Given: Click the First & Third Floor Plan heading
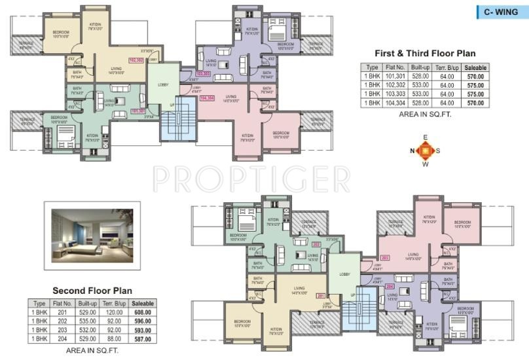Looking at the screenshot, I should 424,53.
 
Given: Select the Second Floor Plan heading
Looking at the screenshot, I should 92,290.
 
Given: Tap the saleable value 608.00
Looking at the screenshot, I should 143,312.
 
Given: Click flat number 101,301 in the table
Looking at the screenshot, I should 395,76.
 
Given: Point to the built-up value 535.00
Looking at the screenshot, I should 87,321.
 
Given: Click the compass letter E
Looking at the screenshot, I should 425,137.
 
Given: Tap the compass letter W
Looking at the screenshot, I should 425,164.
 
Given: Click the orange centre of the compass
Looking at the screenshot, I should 425,151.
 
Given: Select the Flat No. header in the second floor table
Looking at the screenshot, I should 63,304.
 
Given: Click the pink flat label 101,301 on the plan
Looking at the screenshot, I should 137,111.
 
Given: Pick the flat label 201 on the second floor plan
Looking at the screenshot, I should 320,295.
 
